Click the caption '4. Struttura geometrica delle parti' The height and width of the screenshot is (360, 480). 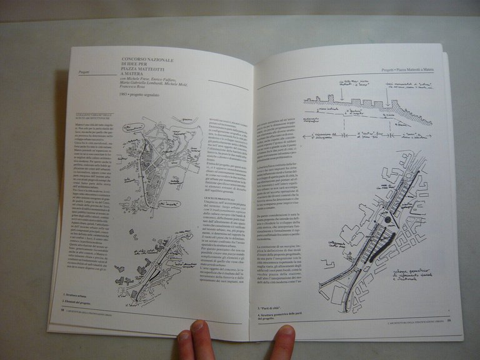pyautogui.click(x=281, y=315)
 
